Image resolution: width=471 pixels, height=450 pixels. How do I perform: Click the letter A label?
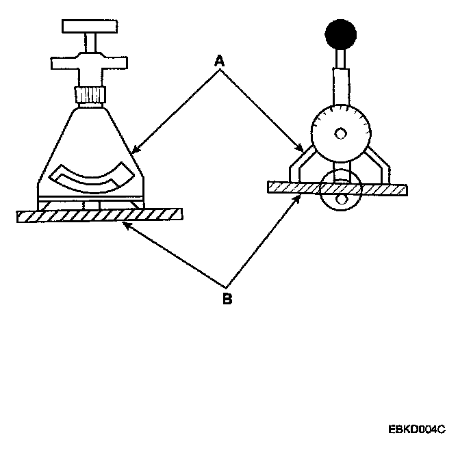[220, 62]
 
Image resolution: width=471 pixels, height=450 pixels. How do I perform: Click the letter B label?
[227, 299]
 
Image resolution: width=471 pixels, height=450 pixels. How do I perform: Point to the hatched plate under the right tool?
[339, 187]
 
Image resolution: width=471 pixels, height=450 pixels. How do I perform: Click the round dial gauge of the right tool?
[340, 129]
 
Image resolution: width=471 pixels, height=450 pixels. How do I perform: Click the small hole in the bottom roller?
[343, 199]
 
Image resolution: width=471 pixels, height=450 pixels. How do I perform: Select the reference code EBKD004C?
[416, 429]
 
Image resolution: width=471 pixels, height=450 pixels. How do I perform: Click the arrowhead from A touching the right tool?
[302, 148]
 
